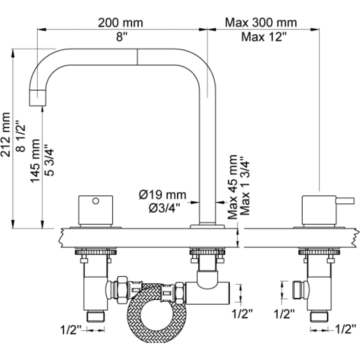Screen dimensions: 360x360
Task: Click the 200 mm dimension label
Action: point(120,23)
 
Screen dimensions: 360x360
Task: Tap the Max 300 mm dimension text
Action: point(261,23)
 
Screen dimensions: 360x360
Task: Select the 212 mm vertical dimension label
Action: point(6,135)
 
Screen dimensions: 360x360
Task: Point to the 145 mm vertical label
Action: point(35,161)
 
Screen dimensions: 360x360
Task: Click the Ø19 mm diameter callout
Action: point(163,195)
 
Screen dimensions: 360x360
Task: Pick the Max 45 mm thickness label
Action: point(232,187)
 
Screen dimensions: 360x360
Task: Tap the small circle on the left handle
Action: point(96,201)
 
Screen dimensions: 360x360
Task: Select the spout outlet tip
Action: point(38,98)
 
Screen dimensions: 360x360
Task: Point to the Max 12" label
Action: point(264,37)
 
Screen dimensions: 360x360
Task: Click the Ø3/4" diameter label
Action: point(164,209)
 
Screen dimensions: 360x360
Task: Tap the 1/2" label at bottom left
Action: point(71,331)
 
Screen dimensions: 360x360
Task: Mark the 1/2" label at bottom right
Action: point(346,330)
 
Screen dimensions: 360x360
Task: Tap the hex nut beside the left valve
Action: point(122,290)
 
